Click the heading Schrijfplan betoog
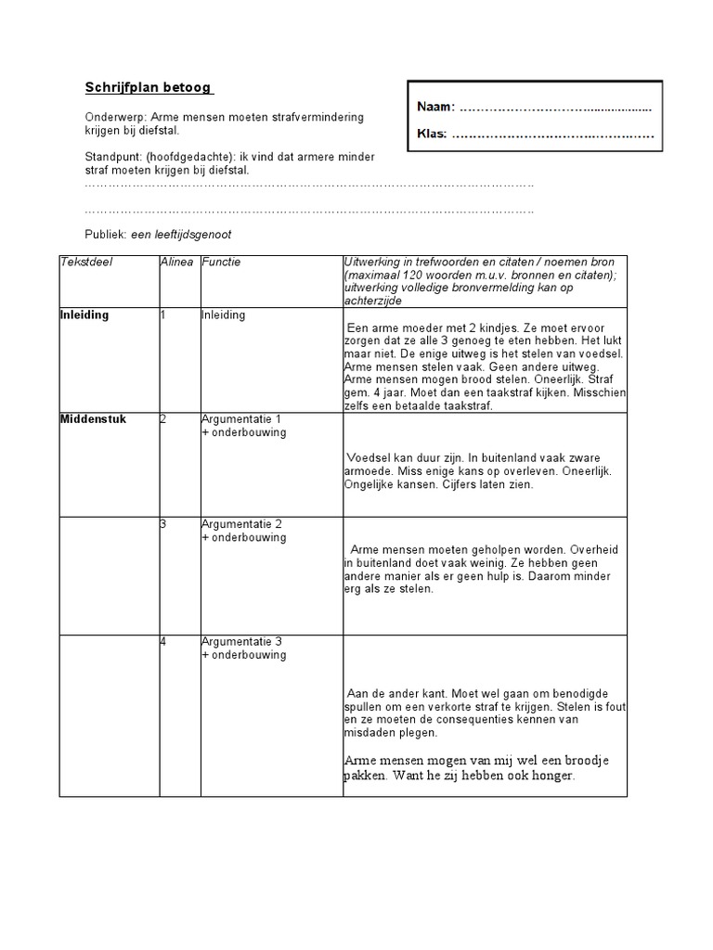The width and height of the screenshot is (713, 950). (x=149, y=88)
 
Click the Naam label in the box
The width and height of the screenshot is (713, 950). (x=436, y=109)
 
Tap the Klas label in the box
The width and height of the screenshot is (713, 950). (x=432, y=135)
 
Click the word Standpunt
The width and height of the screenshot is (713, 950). (x=112, y=157)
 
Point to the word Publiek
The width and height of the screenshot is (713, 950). (x=105, y=235)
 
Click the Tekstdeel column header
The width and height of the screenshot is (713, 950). (x=86, y=263)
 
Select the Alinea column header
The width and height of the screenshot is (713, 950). (x=176, y=263)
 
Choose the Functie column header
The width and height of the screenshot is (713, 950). (x=221, y=263)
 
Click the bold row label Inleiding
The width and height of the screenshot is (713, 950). (x=84, y=315)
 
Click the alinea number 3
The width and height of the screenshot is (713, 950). (x=162, y=524)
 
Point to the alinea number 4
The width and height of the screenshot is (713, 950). (x=162, y=641)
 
